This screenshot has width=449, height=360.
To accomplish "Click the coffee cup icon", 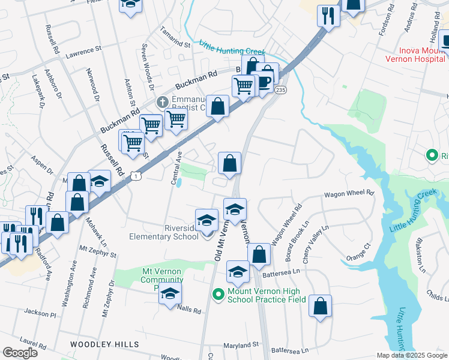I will click(264, 81).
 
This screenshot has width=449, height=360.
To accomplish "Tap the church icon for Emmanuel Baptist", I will click(161, 101).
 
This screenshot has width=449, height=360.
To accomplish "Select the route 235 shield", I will click(280, 89).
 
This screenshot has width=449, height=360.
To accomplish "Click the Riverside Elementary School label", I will click(164, 232).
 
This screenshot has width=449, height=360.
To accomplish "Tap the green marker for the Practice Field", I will click(218, 295).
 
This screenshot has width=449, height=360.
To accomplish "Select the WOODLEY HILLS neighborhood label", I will click(104, 344).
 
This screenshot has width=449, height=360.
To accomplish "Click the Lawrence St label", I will click(85, 53).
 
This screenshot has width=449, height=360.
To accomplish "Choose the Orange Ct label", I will click(358, 253).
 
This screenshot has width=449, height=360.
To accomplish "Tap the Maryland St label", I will click(241, 345).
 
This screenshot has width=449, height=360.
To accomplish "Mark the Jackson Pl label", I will click(40, 313).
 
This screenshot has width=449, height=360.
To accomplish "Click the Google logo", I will click(20, 353).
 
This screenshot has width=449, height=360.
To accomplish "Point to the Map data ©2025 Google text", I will click(411, 355).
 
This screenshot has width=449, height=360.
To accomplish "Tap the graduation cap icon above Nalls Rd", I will click(170, 293).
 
